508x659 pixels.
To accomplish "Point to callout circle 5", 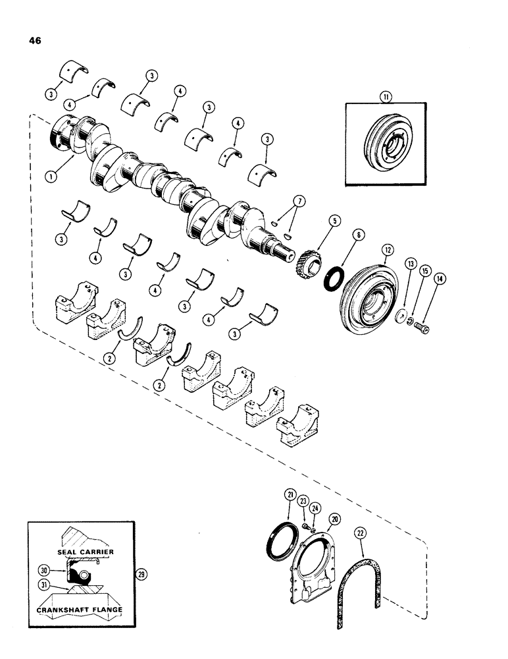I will pyautogui.click(x=335, y=222).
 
